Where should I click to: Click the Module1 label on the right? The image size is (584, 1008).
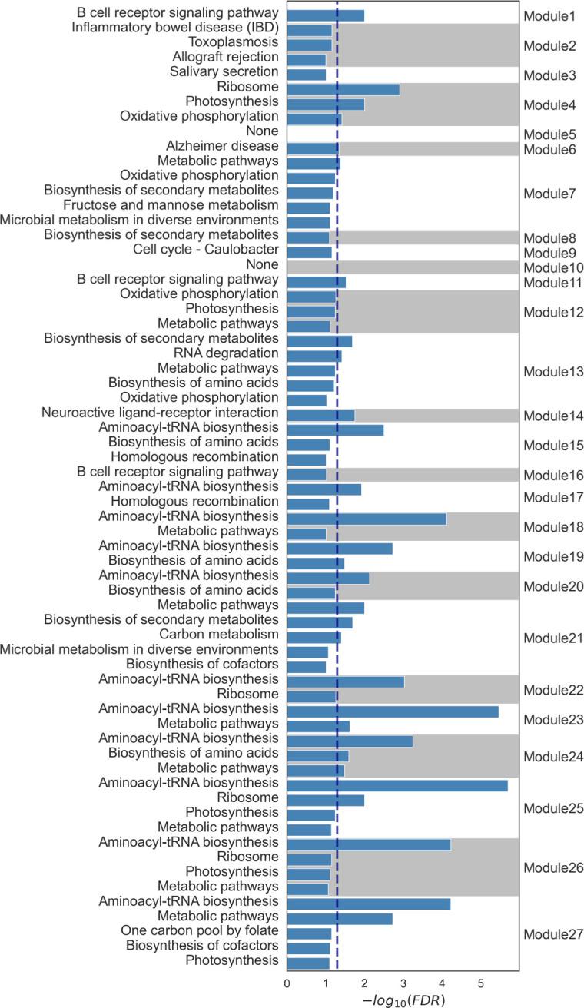549,16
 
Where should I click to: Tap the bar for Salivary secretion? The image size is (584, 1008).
306,75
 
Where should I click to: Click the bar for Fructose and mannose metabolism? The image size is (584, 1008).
308,207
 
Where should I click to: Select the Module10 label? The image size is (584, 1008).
552,268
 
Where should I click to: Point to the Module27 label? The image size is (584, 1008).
552,935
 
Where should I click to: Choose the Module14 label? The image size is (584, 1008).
552,416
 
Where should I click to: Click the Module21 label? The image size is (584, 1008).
552,638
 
